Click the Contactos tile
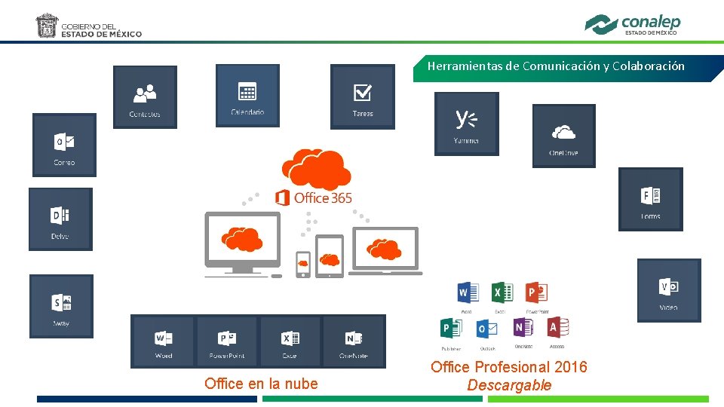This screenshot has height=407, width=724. pos(145,96)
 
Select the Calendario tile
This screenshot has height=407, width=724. pos(247,95)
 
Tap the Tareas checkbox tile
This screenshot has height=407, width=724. pos(362,96)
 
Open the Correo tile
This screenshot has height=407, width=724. pos(64,145)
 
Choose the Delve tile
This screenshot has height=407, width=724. pos(60,219)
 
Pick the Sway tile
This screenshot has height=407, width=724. pos(61,306)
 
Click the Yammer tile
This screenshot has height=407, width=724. pos(466,124)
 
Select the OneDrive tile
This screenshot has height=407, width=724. pos(563,136)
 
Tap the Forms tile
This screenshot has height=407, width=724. pos(650,199)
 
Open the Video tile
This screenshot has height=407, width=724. pos(668,290)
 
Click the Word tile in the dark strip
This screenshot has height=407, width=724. pos(164,341)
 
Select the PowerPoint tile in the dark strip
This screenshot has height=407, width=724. pos(227,341)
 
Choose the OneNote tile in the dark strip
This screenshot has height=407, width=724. pos(354,341)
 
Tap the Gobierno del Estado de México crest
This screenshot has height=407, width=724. pos(47,25)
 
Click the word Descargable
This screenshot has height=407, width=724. pos(509,385)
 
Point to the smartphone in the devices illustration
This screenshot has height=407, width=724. pos(302,264)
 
